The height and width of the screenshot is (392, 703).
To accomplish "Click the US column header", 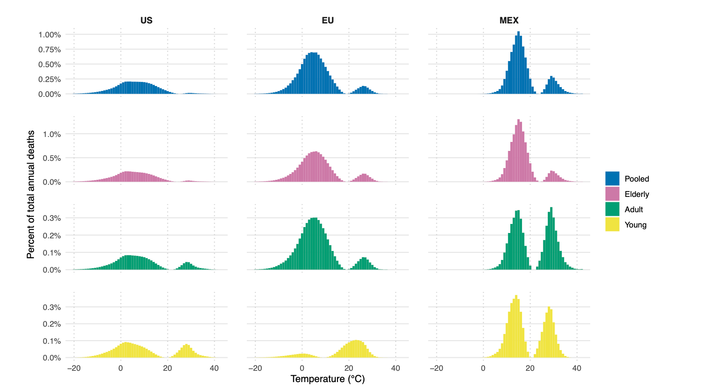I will point(146,20).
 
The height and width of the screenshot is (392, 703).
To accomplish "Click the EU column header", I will point(328,20).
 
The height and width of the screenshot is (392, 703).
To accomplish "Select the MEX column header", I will point(509,20).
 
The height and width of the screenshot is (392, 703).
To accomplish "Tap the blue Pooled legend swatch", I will point(612,178).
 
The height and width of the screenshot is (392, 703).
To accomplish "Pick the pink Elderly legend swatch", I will point(612,194).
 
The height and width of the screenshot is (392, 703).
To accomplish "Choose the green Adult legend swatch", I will point(612,209).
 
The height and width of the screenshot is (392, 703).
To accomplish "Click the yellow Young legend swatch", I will point(612,224).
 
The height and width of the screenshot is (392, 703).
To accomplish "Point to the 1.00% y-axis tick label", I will point(49,35).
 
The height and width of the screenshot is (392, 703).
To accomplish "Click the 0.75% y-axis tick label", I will point(49,50).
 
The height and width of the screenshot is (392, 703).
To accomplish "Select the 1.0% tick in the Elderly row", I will point(51,134).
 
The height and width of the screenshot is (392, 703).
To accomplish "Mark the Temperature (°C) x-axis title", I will point(328,379).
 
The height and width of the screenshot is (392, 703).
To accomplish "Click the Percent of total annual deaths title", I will point(31,195).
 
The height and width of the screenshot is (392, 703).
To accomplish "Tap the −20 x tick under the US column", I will point(74,368).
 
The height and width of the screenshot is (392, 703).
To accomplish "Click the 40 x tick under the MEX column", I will point(577,368).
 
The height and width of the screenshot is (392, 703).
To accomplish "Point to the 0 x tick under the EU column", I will point(302,368).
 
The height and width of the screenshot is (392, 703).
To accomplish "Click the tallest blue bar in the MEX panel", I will point(518,63).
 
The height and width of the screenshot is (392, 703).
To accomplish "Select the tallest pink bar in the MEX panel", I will point(518,151).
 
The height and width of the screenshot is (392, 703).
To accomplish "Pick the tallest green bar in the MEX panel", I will point(551,239).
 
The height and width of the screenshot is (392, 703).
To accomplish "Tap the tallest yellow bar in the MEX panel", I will point(516,327).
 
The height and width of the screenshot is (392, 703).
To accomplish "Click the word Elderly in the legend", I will point(637,194).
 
